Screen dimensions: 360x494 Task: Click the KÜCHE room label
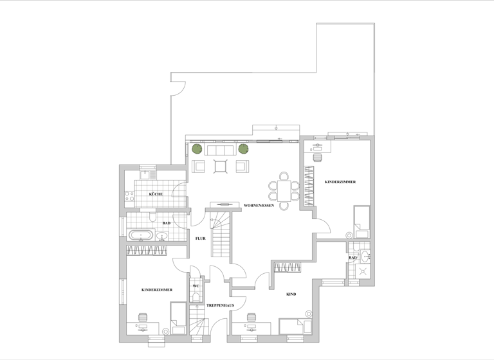click(x=156, y=194)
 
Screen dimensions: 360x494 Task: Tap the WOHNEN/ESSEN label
click(x=259, y=206)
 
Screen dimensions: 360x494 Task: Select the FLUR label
click(x=200, y=239)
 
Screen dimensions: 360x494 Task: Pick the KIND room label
click(x=291, y=294)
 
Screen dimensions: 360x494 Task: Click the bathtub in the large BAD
click(x=141, y=235)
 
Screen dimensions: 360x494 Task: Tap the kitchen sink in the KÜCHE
click(x=145, y=174)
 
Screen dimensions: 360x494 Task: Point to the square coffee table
click(x=220, y=166)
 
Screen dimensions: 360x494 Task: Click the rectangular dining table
click(x=284, y=188)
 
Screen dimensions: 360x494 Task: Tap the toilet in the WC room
click(x=195, y=297)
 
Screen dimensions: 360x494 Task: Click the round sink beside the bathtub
click(x=161, y=236)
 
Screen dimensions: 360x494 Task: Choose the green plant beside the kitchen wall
click(x=196, y=149)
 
